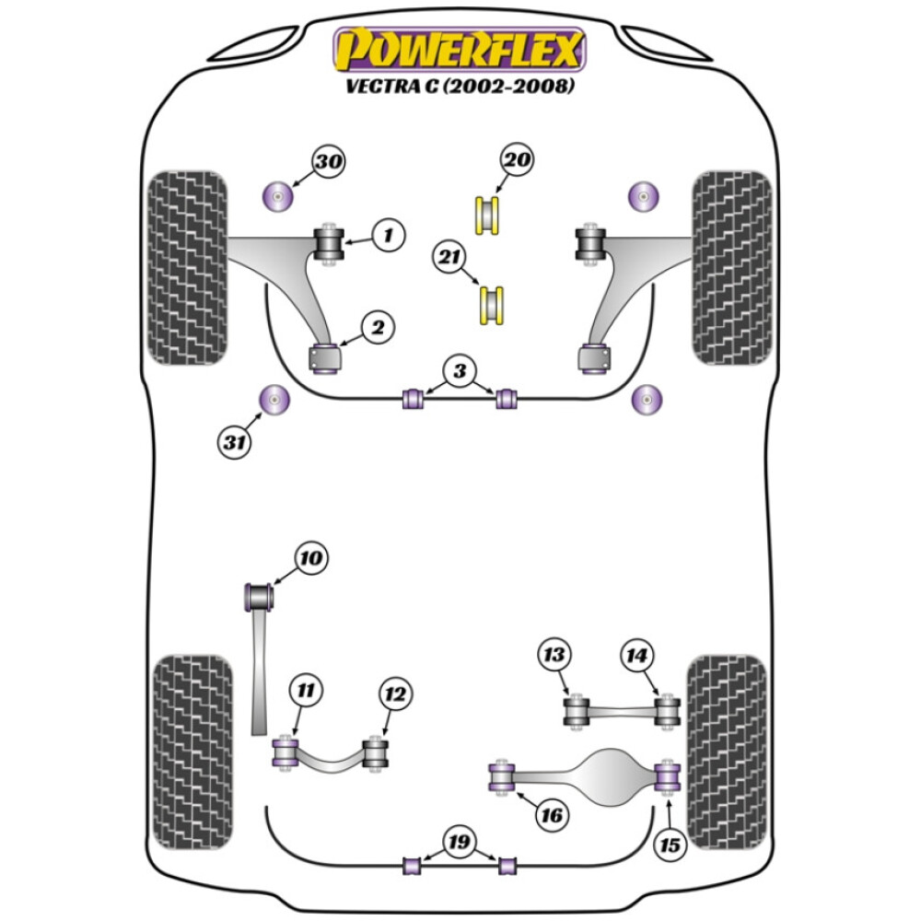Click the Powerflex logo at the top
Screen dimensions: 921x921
(460, 50)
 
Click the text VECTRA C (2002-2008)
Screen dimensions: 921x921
(460, 87)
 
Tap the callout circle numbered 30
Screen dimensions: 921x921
(329, 162)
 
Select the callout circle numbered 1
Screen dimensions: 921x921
(388, 236)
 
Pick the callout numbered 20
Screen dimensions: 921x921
(518, 160)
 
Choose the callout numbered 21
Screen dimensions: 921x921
(450, 259)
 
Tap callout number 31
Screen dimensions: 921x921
(236, 442)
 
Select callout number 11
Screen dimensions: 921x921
(304, 688)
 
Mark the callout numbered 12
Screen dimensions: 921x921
(395, 694)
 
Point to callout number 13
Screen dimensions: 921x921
(554, 655)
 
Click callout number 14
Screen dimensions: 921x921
(637, 656)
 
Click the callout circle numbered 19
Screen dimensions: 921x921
(459, 842)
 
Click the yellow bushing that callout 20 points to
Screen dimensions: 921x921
(488, 215)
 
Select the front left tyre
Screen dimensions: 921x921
(187, 267)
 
